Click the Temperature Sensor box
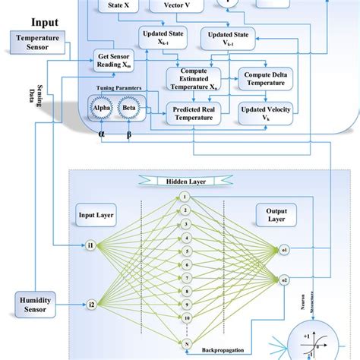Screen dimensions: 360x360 pos(37,43)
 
